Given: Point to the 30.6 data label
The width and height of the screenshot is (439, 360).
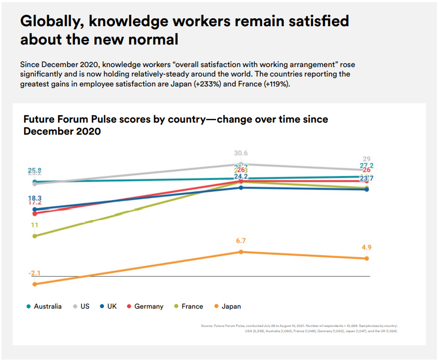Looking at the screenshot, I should pos(241,153).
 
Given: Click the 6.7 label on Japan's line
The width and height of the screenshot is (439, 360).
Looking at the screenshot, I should pos(241,241).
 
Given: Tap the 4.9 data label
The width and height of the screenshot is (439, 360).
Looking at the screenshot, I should pos(366,247).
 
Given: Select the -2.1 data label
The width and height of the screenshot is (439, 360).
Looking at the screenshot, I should pos(34,274).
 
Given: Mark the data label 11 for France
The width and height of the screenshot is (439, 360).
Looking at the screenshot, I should pos(35,225).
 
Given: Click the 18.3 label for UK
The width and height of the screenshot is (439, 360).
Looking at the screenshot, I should pos(35,198).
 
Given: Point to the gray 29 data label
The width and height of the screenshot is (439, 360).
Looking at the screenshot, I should pos(367,159).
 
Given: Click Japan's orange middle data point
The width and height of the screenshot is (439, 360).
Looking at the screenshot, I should pos(241,252).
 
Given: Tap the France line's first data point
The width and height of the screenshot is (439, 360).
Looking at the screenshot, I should pos(35,236).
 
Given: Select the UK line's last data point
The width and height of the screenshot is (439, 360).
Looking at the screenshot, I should pos(366,189).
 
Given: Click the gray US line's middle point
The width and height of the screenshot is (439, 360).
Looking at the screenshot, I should pos(241,165).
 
